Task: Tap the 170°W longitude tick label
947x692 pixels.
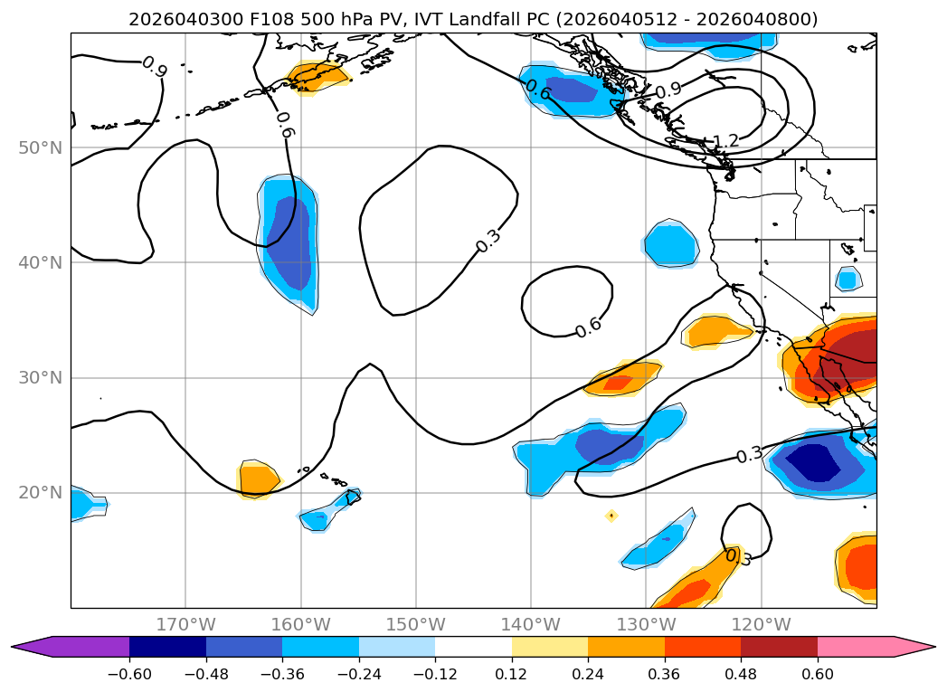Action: point(185,624)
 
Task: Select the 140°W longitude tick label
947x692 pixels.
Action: point(530,624)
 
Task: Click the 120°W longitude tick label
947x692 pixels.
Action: point(761,624)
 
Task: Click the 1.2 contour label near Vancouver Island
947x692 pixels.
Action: point(725,141)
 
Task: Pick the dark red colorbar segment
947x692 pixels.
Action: point(779,646)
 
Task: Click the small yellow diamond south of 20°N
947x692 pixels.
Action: point(611,516)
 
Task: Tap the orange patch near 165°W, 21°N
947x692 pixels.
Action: point(258,477)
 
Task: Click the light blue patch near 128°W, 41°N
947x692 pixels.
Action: point(670,244)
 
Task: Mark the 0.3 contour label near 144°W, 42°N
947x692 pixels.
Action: point(488,241)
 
